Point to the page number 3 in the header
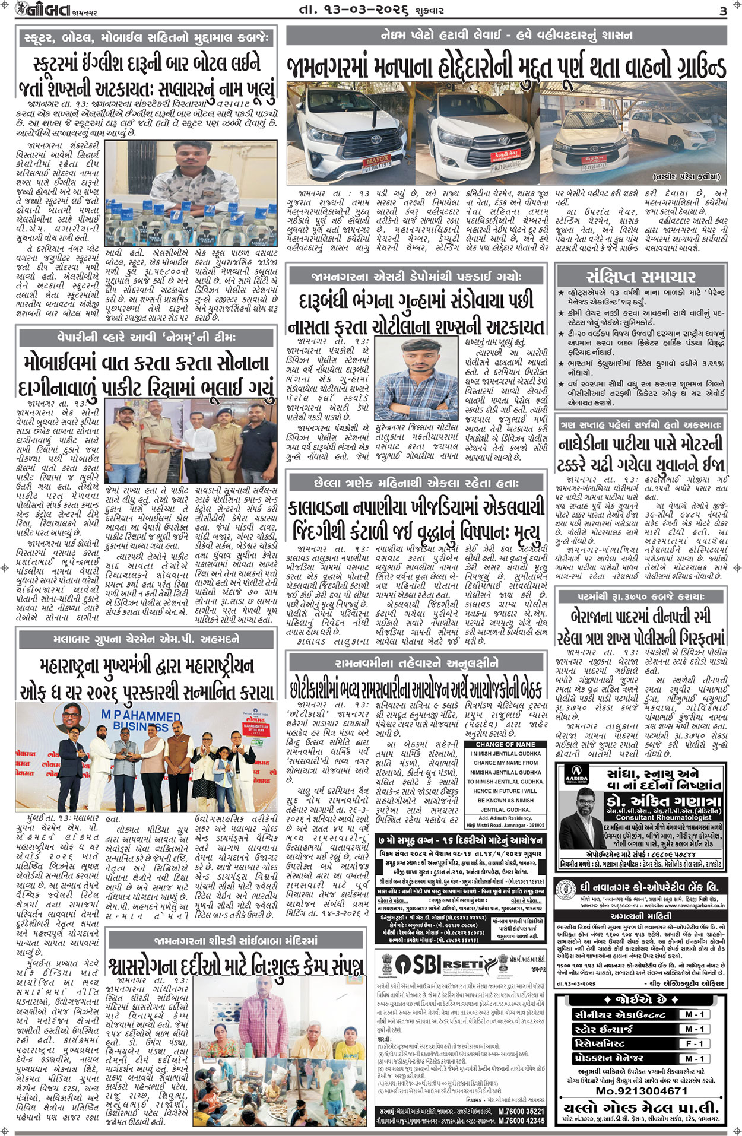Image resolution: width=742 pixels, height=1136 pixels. (722, 11)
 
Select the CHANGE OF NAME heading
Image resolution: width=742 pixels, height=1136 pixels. (505, 744)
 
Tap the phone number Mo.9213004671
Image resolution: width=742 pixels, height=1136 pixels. (641, 1091)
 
